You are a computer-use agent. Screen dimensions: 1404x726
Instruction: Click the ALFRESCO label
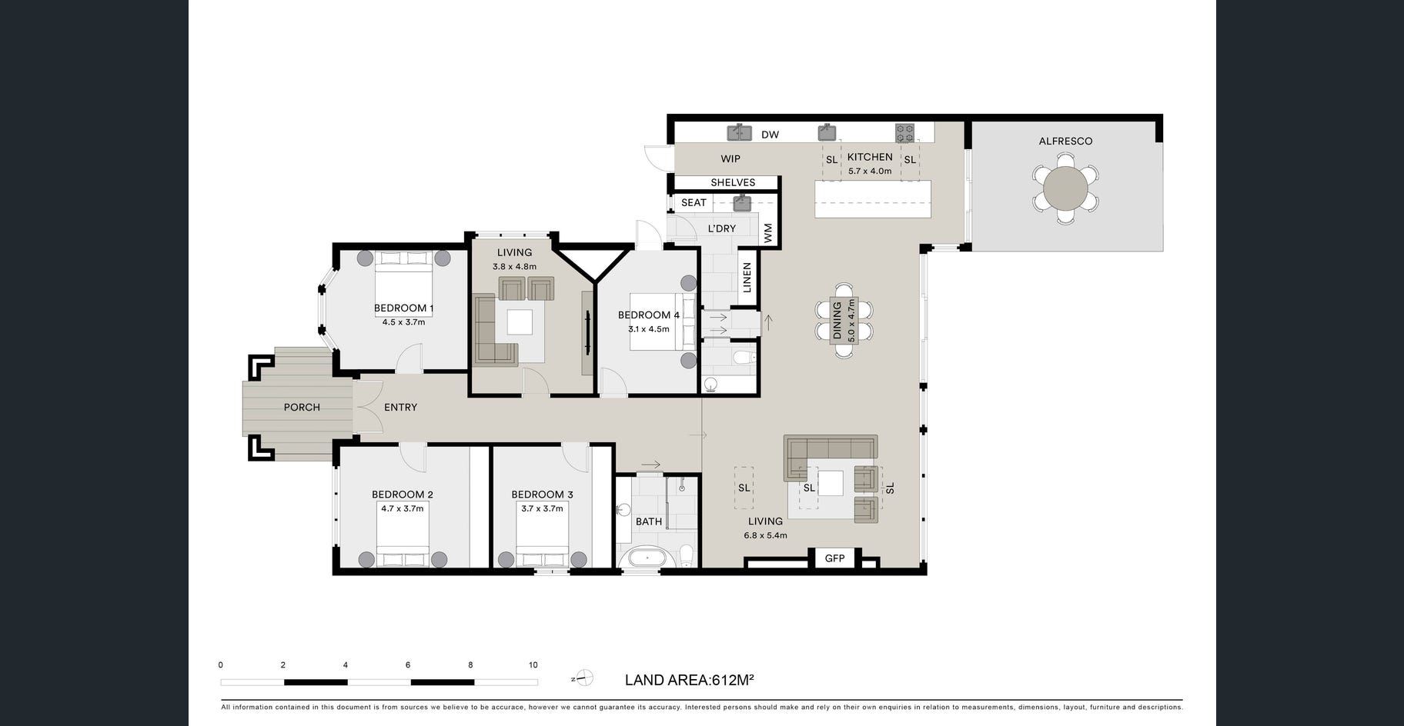point(1065,141)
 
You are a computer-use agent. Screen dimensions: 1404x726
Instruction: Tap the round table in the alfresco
point(1065,188)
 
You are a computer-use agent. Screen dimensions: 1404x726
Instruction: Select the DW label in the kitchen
point(770,135)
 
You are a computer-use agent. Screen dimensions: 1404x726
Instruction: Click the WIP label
point(730,159)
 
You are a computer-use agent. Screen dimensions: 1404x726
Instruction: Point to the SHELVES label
point(733,182)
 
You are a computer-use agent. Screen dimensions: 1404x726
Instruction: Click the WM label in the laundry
point(767,233)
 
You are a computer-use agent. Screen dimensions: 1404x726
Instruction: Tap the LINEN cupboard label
point(747,278)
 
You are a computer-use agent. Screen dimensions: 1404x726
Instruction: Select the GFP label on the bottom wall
point(834,558)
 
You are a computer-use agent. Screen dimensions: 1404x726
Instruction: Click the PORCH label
point(302,407)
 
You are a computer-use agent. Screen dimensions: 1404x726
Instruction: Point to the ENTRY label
point(400,407)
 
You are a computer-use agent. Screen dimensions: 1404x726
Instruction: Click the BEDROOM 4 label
point(649,315)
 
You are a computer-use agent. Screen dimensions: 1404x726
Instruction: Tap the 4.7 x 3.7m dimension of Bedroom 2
point(403,508)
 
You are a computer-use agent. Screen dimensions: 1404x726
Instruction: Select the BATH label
point(649,521)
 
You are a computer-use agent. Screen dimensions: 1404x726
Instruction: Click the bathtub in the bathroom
point(647,558)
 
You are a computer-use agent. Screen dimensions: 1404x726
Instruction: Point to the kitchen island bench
point(873,198)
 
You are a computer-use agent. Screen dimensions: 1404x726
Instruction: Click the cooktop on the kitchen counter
point(904,133)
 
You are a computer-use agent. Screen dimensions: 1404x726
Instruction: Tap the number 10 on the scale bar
point(533,665)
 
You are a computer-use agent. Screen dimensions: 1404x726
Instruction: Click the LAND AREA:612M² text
point(689,680)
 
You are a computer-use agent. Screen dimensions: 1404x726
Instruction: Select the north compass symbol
point(583,678)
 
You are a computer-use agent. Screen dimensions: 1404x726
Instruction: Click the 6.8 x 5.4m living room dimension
point(765,535)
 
